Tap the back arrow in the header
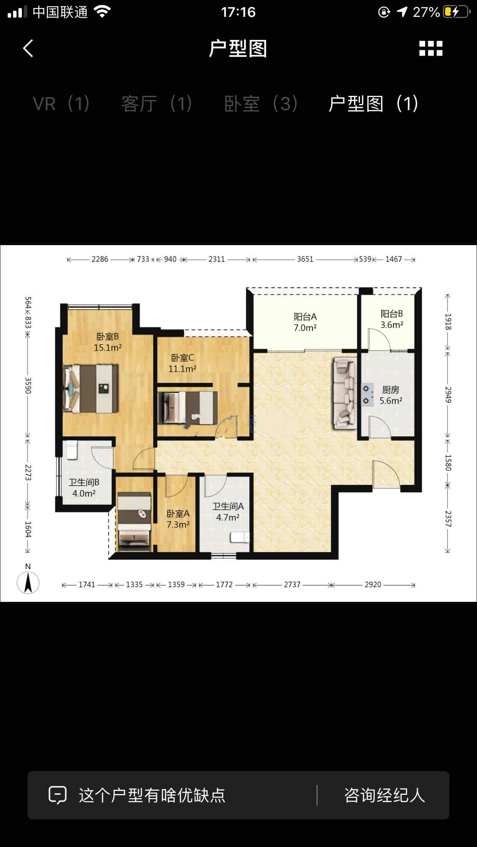pyautogui.click(x=28, y=48)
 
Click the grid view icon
pyautogui.click(x=431, y=48)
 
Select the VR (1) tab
pyautogui.click(x=61, y=104)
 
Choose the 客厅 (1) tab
pyautogui.click(x=157, y=104)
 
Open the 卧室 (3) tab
pyautogui.click(x=261, y=104)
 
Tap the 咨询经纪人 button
pyautogui.click(x=384, y=795)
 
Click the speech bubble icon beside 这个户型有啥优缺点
pyautogui.click(x=58, y=795)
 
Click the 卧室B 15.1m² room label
pyautogui.click(x=108, y=342)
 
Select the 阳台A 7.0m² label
pyautogui.click(x=305, y=322)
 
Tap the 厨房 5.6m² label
pyautogui.click(x=391, y=395)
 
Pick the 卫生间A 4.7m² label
pyautogui.click(x=228, y=512)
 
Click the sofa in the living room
pyautogui.click(x=345, y=393)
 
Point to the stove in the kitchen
pyautogui.click(x=367, y=395)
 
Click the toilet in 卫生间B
pyautogui.click(x=71, y=450)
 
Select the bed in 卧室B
pyautogui.click(x=91, y=388)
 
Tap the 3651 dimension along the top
pyautogui.click(x=305, y=259)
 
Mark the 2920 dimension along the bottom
pyautogui.click(x=373, y=585)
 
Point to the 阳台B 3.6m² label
pyautogui.click(x=392, y=319)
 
